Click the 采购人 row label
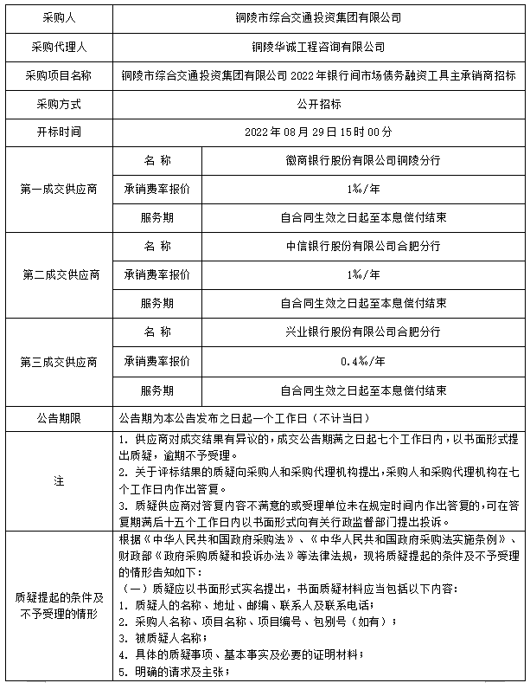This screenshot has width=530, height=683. (x=58, y=16)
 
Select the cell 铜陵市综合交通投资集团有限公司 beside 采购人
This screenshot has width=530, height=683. (x=319, y=16)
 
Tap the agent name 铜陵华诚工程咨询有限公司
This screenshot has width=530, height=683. (x=319, y=46)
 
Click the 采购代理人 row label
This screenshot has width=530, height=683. (x=58, y=46)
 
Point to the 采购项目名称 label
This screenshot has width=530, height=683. (x=58, y=75)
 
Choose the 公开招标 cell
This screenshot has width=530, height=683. (x=319, y=103)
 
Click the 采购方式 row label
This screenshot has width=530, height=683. (x=58, y=103)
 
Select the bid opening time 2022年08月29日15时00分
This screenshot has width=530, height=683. (x=319, y=132)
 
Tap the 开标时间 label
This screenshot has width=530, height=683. (x=58, y=132)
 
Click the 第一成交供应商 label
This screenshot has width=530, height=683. (x=58, y=189)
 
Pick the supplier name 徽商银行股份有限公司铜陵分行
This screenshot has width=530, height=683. (x=363, y=161)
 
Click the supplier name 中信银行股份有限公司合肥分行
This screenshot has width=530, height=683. (x=363, y=246)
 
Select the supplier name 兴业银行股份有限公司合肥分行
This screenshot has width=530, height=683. (x=363, y=332)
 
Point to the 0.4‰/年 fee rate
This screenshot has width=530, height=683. (x=363, y=360)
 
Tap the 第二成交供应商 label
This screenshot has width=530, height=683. (x=58, y=274)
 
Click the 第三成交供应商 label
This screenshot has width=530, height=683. (x=58, y=360)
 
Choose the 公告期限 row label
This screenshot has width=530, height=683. (x=58, y=418)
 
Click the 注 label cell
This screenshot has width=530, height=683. (x=58, y=481)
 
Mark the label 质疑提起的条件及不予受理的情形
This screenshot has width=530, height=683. (x=58, y=606)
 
